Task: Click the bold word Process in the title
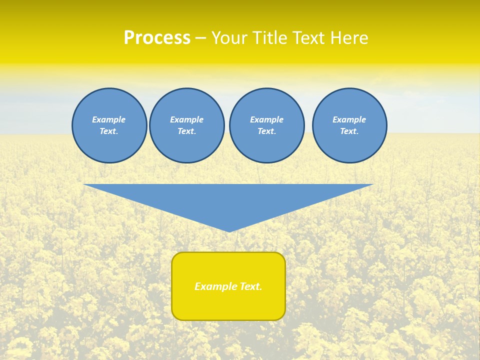(157, 38)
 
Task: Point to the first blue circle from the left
(109, 125)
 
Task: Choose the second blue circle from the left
(187, 125)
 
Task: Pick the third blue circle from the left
(267, 125)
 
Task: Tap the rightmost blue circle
(349, 125)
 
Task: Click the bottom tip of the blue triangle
(229, 230)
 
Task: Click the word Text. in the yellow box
(250, 286)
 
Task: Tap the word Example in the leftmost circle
(109, 119)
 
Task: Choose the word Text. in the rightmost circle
(349, 131)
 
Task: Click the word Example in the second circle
(187, 119)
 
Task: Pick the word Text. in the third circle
(267, 131)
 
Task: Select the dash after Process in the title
(200, 38)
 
